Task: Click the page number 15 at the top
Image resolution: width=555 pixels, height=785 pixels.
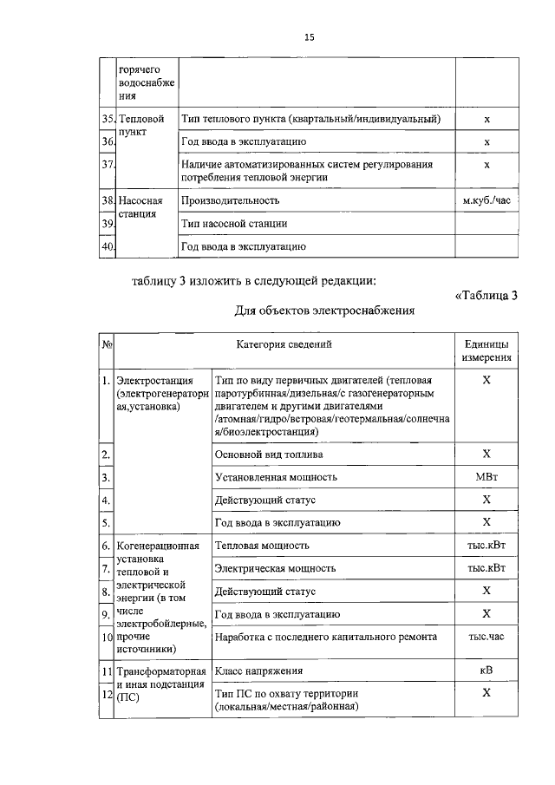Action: tap(309, 37)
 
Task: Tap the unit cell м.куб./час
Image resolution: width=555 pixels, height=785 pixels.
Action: tap(486, 200)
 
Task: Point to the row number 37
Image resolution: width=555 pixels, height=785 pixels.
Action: tap(108, 163)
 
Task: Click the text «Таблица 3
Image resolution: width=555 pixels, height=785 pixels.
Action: tap(486, 296)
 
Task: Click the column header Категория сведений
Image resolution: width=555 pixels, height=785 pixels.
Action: tap(284, 344)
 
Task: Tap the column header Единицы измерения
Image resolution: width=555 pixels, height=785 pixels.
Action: tap(486, 350)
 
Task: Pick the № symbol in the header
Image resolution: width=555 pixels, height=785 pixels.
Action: tap(108, 344)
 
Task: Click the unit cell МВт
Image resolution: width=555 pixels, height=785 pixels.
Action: tap(486, 477)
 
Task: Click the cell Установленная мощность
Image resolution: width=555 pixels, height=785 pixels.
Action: tap(275, 477)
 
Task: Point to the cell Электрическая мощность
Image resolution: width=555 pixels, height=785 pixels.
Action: tap(275, 568)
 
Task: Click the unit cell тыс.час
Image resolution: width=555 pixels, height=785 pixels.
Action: tap(486, 637)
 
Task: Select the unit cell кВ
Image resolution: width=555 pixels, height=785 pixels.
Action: tap(486, 671)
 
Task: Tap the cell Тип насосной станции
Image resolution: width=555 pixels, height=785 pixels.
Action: tap(233, 224)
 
